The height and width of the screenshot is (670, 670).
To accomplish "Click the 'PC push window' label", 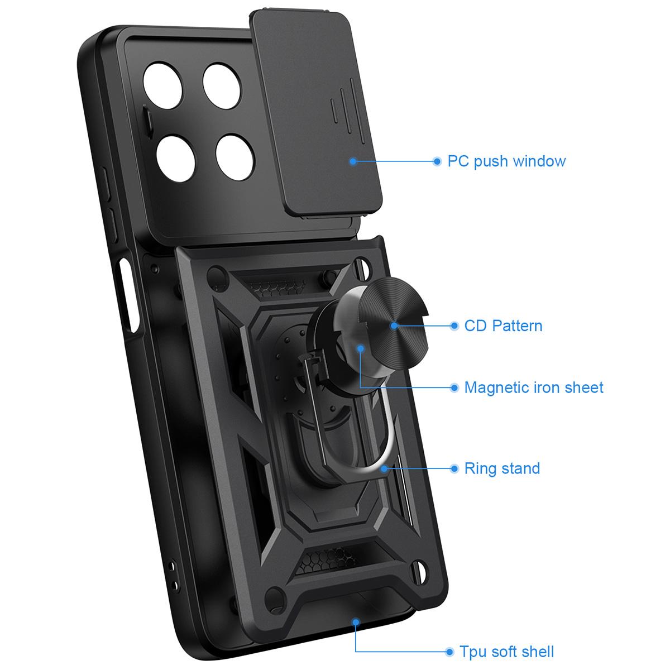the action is (506, 161).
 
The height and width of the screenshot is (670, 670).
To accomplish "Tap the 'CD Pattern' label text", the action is (503, 326).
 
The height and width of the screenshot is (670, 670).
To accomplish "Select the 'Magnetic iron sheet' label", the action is (534, 387).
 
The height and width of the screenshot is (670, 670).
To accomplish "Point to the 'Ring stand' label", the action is (502, 468).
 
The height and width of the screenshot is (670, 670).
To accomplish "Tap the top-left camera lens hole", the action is (162, 85).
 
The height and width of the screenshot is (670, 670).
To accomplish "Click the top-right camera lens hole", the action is (222, 86).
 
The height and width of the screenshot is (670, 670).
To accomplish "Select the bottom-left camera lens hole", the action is (175, 159).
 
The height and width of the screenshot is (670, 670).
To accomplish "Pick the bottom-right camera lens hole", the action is (235, 157).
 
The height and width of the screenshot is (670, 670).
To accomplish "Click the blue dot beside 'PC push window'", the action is (437, 161).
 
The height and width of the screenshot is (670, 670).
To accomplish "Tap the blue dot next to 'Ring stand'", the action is (454, 468).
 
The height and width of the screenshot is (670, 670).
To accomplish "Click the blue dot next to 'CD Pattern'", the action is (454, 326).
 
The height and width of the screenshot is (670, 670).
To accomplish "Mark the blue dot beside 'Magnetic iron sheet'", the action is (454, 387).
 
